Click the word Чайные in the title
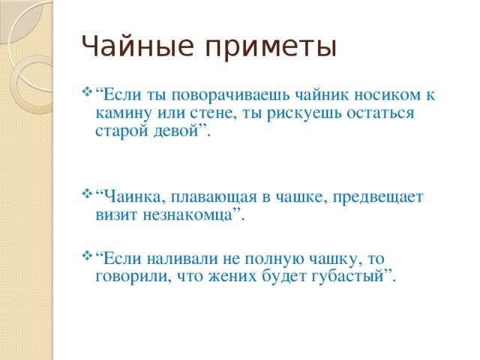[138, 46]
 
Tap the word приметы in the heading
[271, 49]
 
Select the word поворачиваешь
[230, 94]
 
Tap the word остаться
[380, 113]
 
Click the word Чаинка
[133, 196]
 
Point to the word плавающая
[214, 197]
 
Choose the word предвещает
[378, 197]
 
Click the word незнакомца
[187, 215]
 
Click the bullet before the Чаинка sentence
[87, 193]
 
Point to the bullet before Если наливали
[87, 256]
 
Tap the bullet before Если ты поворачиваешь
[87, 91]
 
